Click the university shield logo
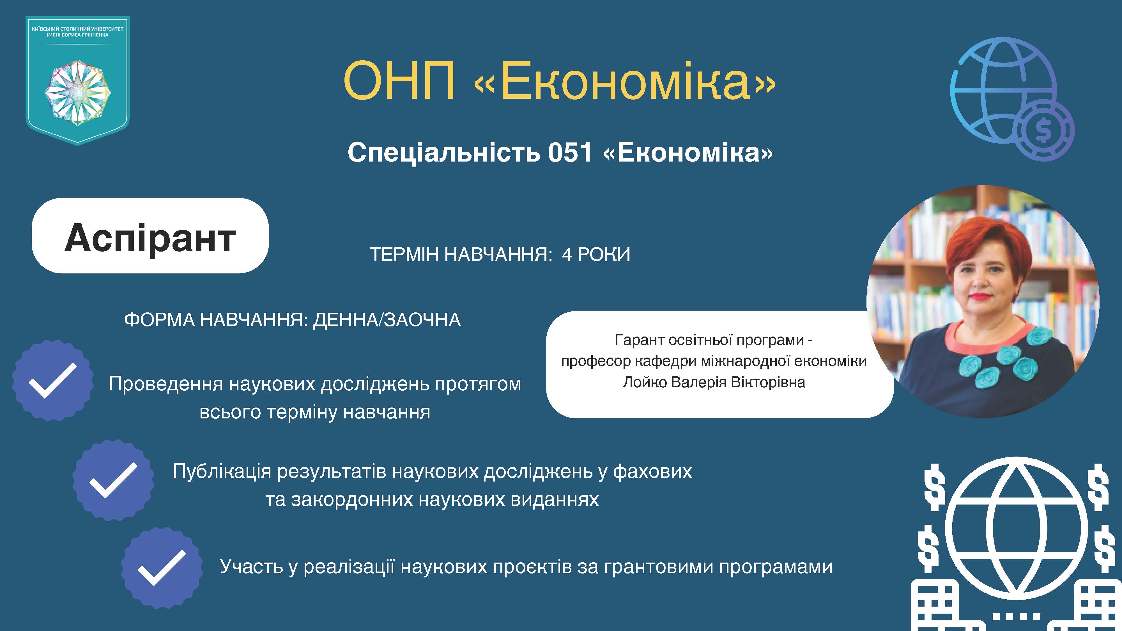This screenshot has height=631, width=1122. point(77,80)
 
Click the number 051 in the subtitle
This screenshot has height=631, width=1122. point(570,153)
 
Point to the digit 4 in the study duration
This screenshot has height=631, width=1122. point(567,254)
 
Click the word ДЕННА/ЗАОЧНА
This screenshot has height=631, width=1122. point(386,320)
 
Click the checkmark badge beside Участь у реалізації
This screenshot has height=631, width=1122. point(162,568)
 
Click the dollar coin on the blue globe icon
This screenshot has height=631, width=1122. point(1043,130)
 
